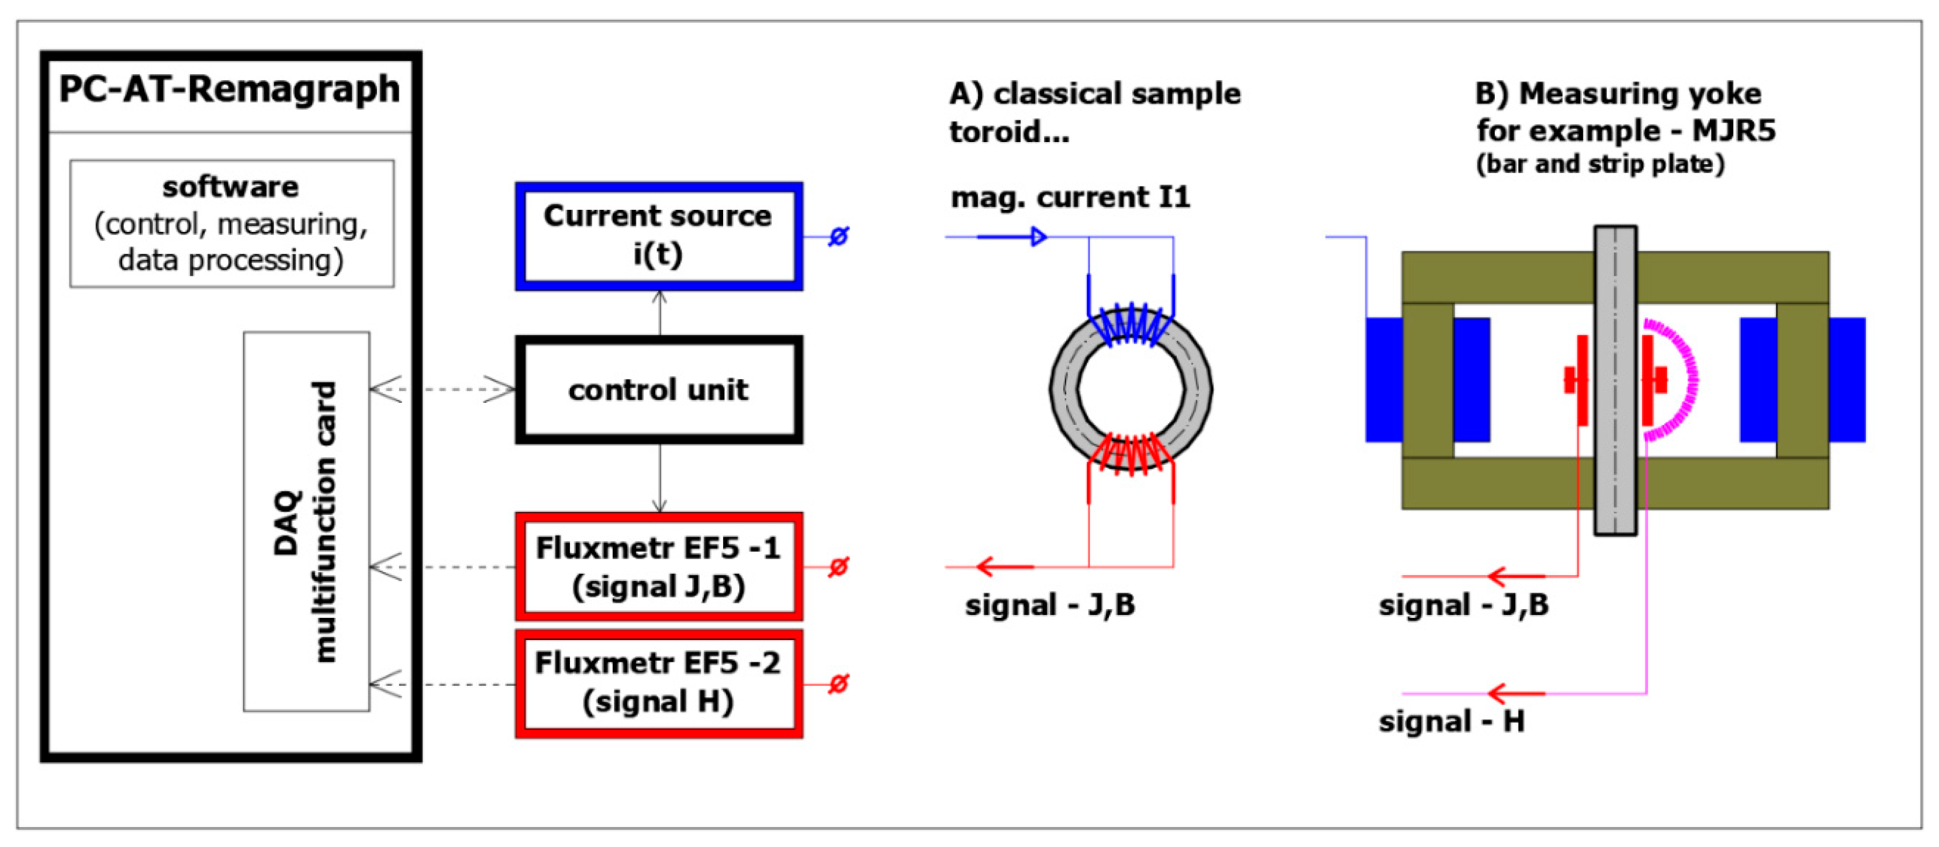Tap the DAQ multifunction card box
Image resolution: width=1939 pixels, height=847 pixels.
coord(306,521)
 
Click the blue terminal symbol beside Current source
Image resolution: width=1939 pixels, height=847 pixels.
coord(838,236)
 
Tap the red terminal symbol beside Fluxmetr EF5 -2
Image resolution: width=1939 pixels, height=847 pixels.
coord(838,684)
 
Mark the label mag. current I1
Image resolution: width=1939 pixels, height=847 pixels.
coord(1070,197)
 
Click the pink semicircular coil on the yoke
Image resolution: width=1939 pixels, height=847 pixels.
coord(1680,380)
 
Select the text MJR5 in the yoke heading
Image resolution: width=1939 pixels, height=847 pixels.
coord(1733,131)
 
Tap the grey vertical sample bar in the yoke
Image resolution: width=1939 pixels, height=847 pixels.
coord(1615,379)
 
